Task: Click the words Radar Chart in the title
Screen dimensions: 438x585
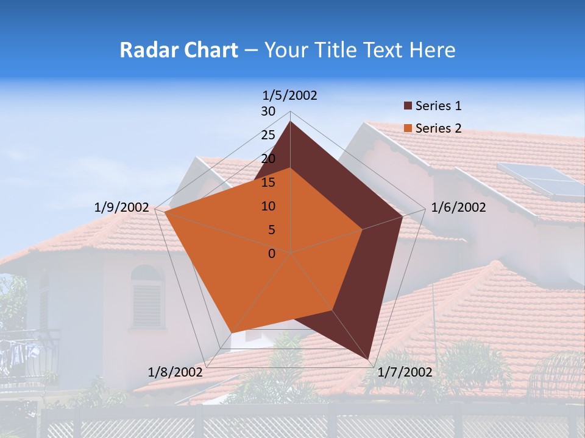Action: [179, 50]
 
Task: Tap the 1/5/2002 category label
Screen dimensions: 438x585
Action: [290, 95]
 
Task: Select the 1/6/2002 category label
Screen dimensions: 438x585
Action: [458, 207]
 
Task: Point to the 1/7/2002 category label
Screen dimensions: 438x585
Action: [405, 372]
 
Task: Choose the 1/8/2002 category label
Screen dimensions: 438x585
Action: [175, 372]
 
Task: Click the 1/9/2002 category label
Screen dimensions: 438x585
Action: [122, 207]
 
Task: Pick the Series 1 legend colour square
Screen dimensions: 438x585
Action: [408, 106]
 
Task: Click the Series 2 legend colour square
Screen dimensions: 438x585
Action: [408, 128]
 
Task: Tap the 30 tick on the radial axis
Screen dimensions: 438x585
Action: [268, 111]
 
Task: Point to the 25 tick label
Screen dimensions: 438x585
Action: [268, 135]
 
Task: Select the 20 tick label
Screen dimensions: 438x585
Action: [268, 159]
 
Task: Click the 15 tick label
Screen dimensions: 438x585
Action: [268, 182]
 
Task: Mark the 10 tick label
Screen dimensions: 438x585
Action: [268, 206]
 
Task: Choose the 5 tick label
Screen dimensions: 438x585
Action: [271, 230]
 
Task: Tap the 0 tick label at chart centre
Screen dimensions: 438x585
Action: [272, 254]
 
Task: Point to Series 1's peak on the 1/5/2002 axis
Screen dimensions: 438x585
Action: [290, 122]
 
